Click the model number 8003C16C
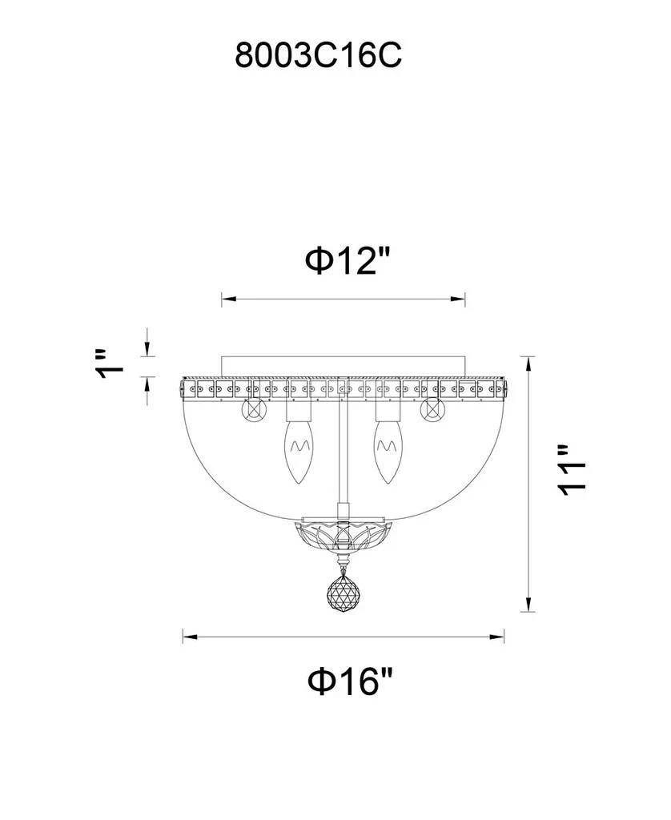coord(318,55)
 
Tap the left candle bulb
coord(299,456)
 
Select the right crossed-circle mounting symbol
coord(432,409)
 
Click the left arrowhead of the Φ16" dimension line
coord(187,637)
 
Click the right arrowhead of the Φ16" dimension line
coord(499,637)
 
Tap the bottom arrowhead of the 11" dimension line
coord(528,608)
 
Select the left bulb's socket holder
coord(298,412)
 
